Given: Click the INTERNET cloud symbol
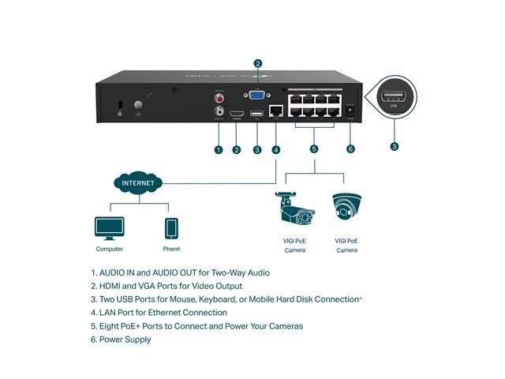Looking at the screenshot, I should point(139,182).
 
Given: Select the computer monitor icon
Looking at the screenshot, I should point(109,228).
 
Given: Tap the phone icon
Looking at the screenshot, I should point(172,228).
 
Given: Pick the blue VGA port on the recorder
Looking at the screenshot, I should point(256,96).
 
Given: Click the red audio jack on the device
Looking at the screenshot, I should point(219,98).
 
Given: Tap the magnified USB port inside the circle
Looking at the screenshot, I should point(395,99).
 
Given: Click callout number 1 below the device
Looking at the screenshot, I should point(219,149).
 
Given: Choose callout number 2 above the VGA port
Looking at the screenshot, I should point(257,63).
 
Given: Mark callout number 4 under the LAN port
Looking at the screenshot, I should point(275,149).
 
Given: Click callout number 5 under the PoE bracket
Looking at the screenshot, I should point(313,149).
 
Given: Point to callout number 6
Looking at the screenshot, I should point(350,149).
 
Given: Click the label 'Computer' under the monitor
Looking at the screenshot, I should point(109,250).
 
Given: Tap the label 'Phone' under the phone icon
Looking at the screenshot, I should point(172,250).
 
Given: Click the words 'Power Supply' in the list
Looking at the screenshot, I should point(125,340).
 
